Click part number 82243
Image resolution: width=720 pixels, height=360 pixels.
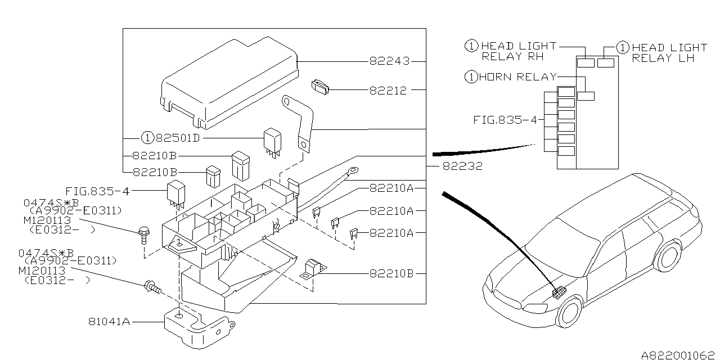point(390,61)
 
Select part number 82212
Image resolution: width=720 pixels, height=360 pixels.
point(390,90)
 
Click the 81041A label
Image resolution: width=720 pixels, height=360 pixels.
point(109,322)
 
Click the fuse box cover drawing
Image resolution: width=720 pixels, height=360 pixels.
point(228,82)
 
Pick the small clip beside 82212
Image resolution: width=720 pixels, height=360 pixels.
point(321,87)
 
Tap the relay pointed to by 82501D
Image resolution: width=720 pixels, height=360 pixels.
point(273,141)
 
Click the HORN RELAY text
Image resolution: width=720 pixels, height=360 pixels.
point(517,77)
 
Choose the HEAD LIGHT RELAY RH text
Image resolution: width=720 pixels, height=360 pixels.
point(518,52)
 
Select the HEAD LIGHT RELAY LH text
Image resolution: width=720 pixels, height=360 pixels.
point(669,53)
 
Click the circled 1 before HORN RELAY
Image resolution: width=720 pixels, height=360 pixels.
point(471,77)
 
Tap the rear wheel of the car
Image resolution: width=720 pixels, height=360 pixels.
point(669,255)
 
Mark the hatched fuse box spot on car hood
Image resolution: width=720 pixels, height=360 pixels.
point(559,293)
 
